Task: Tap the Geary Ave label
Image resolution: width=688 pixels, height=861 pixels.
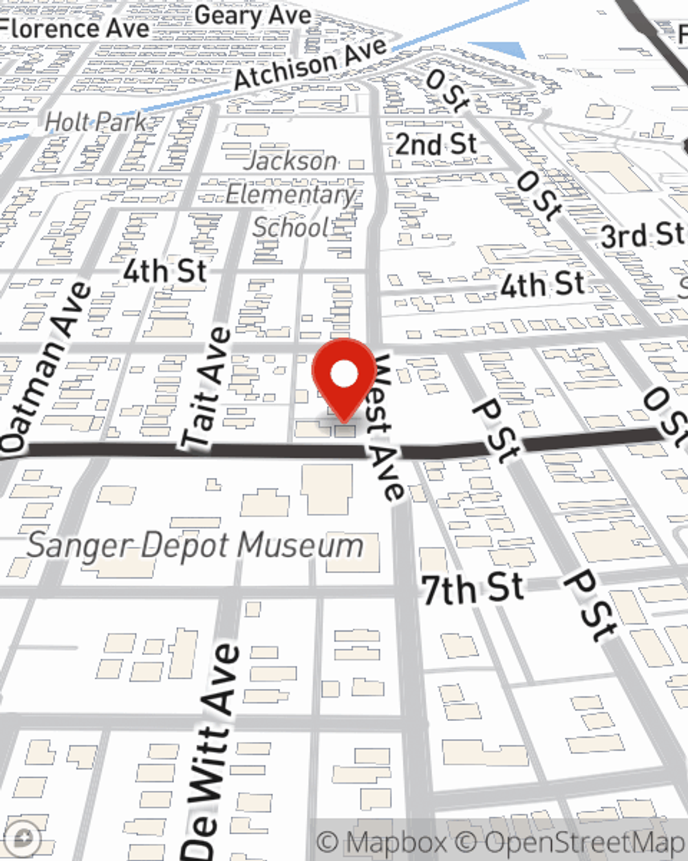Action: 252,16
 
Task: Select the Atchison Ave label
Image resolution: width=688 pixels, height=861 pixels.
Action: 310,64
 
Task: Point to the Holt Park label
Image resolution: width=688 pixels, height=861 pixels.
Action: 96,123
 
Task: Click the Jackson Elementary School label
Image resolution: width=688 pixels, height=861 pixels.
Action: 292,194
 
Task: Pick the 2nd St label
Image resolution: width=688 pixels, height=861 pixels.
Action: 436,145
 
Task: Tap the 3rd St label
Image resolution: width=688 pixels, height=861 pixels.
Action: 642,236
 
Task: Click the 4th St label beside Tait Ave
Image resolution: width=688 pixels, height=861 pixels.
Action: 165,271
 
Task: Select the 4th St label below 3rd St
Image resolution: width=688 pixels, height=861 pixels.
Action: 542,284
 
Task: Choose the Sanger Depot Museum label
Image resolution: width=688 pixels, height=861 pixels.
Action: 195,546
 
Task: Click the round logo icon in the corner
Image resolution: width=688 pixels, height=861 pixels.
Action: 22,839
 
